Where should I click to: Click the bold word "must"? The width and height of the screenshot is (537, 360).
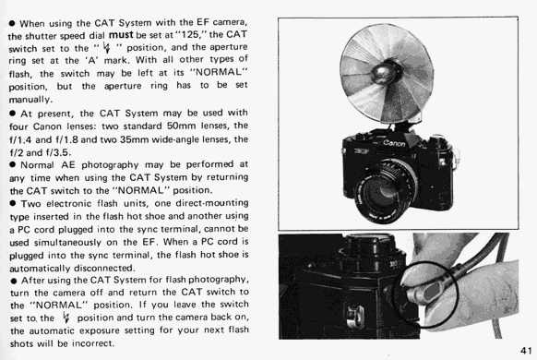(121, 35)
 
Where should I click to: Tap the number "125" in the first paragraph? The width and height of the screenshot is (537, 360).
(189, 34)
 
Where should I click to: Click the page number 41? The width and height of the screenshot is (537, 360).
(526, 351)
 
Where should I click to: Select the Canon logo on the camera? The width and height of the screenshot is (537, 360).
(394, 143)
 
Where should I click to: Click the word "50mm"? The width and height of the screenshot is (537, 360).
(181, 126)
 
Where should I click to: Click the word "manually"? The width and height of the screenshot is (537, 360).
(30, 100)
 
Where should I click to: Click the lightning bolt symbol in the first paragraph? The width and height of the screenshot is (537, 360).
(107, 47)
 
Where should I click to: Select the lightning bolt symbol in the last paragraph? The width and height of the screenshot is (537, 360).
(66, 318)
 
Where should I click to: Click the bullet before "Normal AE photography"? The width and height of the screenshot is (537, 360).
(13, 164)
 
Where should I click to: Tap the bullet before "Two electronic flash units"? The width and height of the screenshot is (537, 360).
(13, 203)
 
